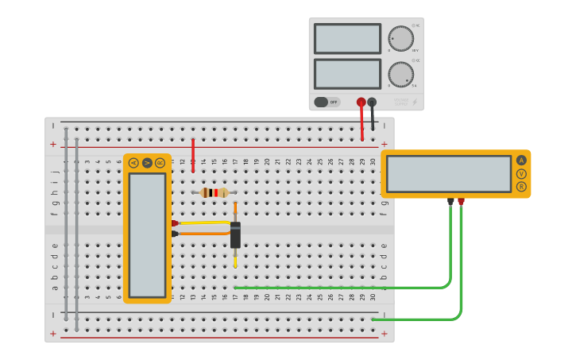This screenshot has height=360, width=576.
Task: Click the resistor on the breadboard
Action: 214,192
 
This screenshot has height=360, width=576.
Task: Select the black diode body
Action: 235,235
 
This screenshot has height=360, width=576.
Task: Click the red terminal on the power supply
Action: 361,102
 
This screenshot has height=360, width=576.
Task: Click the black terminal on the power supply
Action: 372,102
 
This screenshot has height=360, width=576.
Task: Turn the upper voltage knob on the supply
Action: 400,38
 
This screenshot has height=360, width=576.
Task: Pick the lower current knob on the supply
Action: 400,74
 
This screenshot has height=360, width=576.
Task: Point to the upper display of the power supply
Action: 347,38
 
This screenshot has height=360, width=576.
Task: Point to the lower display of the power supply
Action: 347,74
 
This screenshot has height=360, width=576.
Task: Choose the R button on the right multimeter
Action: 521,187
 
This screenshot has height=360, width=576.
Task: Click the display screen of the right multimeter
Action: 448,173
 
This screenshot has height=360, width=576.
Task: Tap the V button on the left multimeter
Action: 147,163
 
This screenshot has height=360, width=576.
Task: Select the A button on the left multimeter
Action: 133,163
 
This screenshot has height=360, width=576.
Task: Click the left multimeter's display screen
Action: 147,234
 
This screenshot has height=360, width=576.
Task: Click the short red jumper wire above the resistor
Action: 192,155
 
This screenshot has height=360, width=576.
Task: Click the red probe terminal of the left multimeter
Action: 174,223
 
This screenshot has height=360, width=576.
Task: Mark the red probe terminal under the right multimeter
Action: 461,202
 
